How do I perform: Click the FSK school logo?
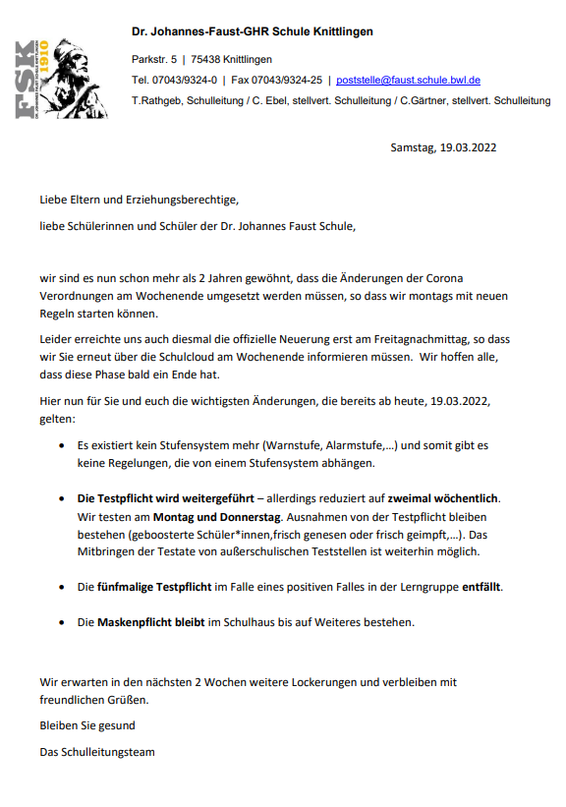[61, 78]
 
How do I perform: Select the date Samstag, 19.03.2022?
[443, 147]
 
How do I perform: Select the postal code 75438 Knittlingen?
[231, 59]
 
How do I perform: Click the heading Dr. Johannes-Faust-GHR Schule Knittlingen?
[253, 32]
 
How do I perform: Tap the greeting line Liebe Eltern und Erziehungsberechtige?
[140, 200]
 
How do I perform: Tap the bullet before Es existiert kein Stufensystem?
[63, 445]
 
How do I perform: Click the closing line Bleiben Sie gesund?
[87, 725]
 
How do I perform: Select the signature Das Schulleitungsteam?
[97, 751]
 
